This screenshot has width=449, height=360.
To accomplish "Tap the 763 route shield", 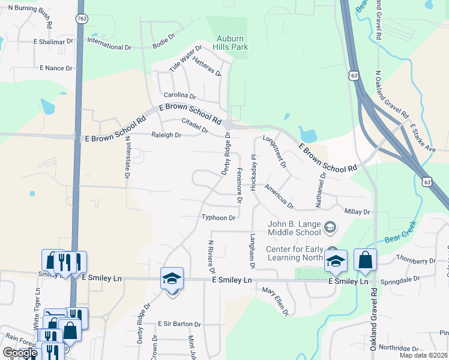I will (81, 19).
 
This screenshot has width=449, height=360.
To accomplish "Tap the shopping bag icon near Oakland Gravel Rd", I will (365, 261).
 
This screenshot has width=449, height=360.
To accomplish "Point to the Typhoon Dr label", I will (218, 217).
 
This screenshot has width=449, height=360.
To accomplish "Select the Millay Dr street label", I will (358, 212).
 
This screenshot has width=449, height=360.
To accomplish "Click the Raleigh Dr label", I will (166, 136).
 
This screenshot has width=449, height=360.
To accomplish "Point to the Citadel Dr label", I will (194, 125).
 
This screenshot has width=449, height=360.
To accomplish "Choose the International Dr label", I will (109, 47).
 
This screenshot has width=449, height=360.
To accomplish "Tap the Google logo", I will (20, 353).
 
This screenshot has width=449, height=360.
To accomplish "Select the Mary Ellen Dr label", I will (276, 301).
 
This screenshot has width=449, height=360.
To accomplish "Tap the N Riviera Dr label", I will (211, 257).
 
